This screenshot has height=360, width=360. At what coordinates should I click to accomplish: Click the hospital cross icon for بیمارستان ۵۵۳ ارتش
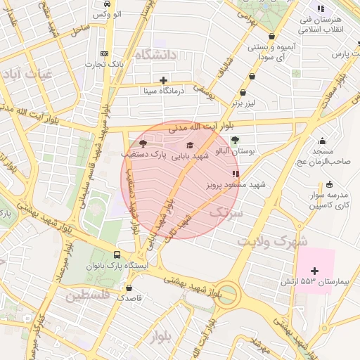(x=314, y=271)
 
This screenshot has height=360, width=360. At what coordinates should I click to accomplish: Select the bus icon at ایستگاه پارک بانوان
(x=117, y=255)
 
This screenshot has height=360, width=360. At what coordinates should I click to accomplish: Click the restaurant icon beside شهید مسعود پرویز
(x=235, y=173)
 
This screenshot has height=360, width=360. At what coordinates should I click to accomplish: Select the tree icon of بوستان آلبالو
(x=235, y=140)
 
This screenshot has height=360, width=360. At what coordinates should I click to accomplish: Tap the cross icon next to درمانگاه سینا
(x=164, y=80)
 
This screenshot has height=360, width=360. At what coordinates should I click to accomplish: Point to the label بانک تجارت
(x=105, y=65)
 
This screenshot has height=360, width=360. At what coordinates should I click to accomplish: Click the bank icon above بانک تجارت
(x=105, y=54)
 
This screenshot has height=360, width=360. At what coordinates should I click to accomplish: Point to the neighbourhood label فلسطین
(x=88, y=296)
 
